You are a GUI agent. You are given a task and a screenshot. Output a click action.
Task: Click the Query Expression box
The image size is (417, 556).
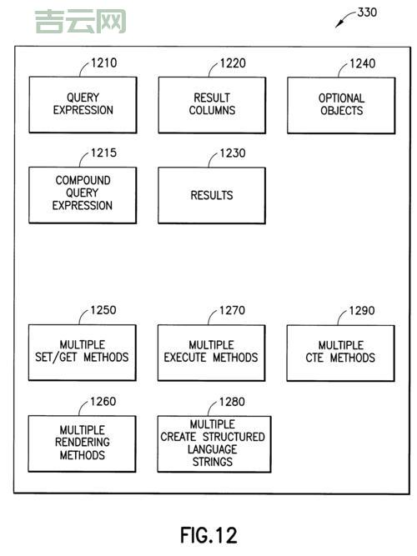pos(83,104)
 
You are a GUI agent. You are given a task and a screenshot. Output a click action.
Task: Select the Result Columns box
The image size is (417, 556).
pos(212,104)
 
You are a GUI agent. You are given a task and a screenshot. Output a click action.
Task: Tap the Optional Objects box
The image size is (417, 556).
pos(341,104)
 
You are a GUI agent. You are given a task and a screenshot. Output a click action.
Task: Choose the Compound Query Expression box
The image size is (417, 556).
pos(83,194)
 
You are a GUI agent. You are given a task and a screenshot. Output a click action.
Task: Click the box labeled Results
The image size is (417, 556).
pos(212,195)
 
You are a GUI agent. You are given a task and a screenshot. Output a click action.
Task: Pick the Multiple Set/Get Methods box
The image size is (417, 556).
pos(83,352)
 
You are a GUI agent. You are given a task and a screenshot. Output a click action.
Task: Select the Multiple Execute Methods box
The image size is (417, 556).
pos(212,352)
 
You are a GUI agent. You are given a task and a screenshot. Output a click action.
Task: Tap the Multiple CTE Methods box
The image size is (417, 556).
pos(341,352)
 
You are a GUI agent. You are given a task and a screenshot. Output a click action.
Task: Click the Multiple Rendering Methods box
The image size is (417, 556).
pos(83,443)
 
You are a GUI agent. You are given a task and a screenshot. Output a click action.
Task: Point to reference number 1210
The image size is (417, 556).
pos(104,63)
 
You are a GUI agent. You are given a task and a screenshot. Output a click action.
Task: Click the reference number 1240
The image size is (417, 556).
pos(362,63)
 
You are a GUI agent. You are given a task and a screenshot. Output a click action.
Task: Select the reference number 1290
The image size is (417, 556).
pos(362,311)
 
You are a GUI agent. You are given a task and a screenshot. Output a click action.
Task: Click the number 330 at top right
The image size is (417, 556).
pos(367,13)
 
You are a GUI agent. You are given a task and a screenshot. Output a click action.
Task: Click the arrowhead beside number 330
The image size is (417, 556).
pos(338,26)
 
